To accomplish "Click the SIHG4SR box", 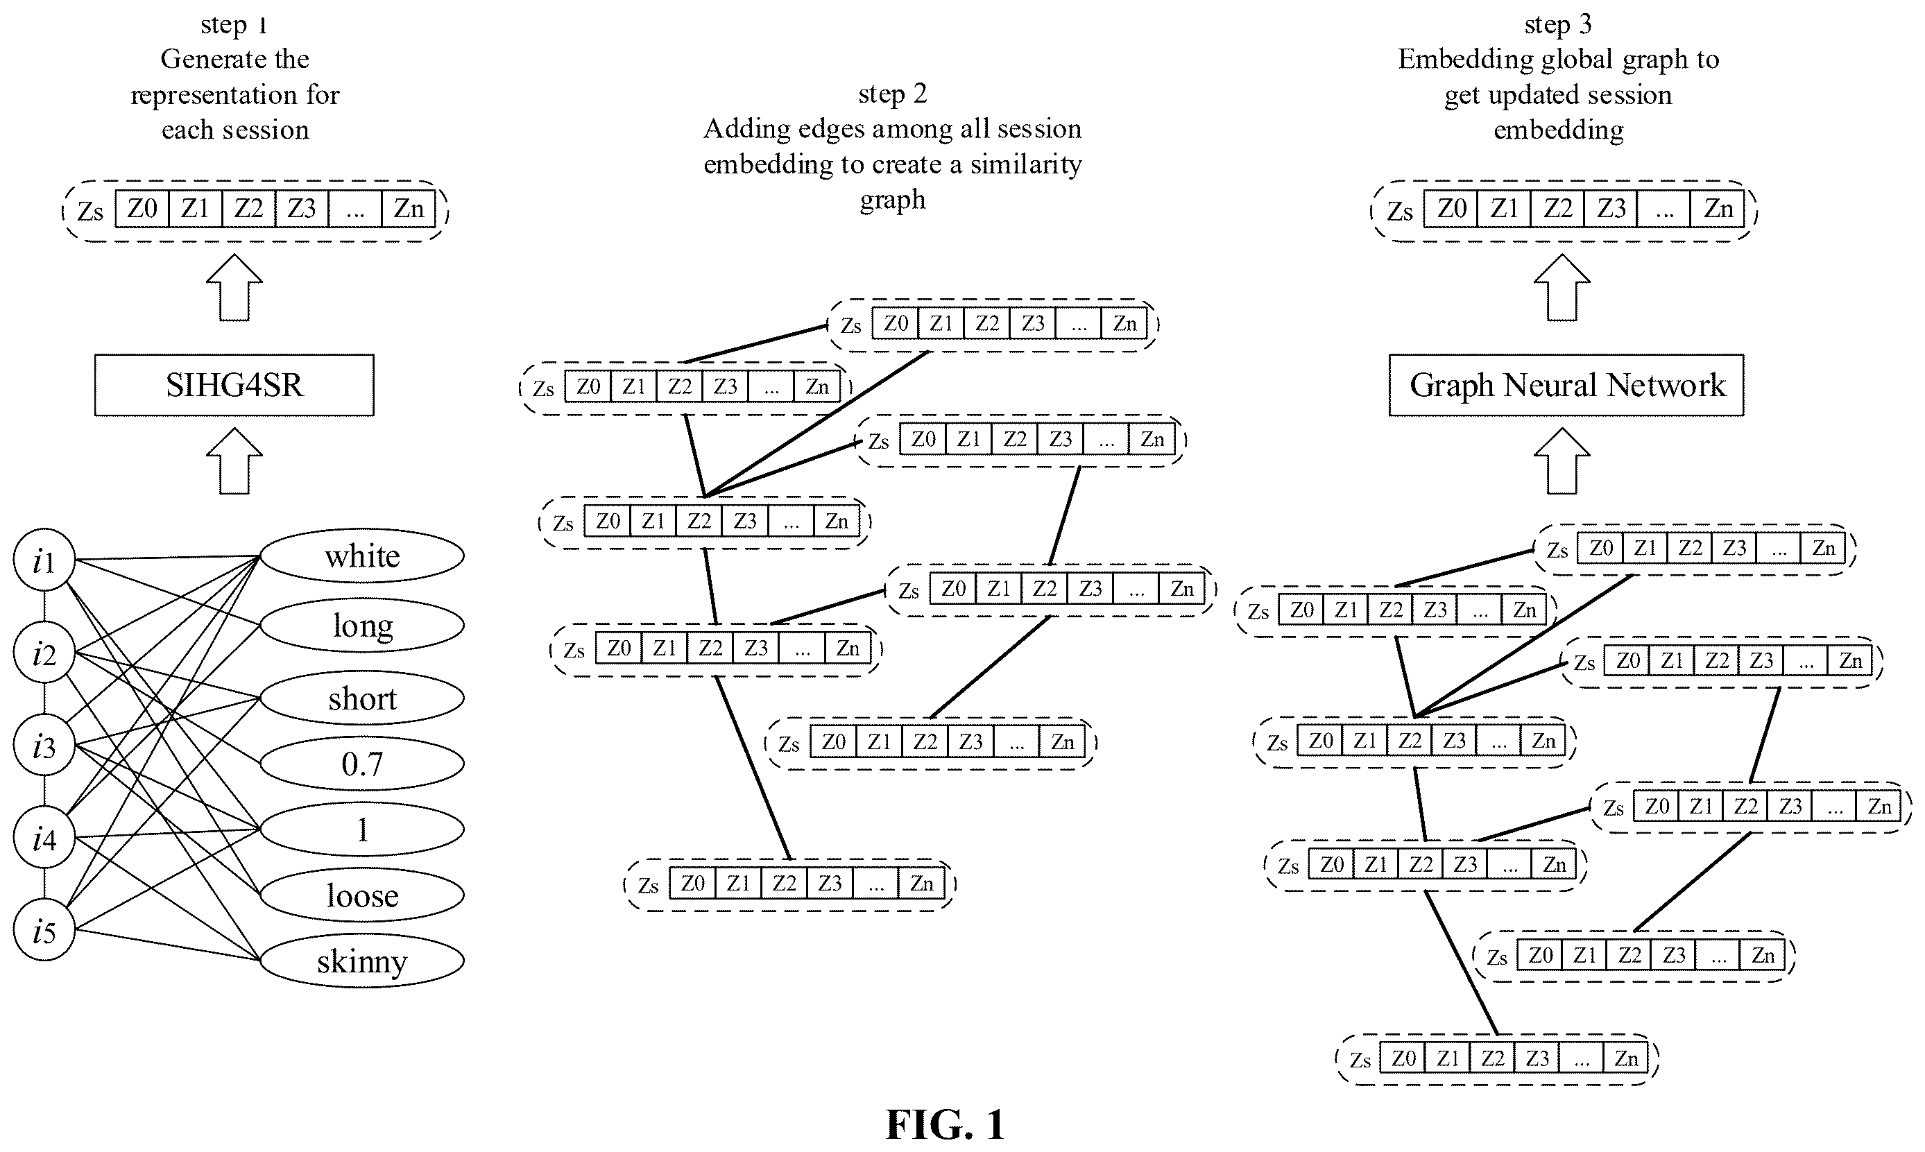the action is pyautogui.click(x=234, y=385).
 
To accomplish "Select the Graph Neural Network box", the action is pyautogui.click(x=1566, y=385).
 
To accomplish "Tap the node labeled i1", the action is pyautogui.click(x=44, y=560).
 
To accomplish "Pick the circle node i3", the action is pyautogui.click(x=44, y=746).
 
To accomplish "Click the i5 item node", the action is pyautogui.click(x=44, y=930).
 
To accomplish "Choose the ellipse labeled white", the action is pyautogui.click(x=361, y=556).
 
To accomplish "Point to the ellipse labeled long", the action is pyautogui.click(x=361, y=625).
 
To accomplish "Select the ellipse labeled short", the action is pyautogui.click(x=361, y=698).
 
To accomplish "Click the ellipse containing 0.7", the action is pyautogui.click(x=361, y=763).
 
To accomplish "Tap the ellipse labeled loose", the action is pyautogui.click(x=361, y=895).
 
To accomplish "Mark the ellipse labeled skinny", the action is pyautogui.click(x=361, y=961).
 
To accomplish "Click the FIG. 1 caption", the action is pyautogui.click(x=946, y=1124).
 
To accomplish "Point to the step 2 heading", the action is pyautogui.click(x=893, y=93).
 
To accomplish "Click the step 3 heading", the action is pyautogui.click(x=1558, y=24).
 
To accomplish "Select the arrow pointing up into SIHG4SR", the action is pyautogui.click(x=234, y=461).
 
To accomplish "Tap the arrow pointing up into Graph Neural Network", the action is pyautogui.click(x=1562, y=461).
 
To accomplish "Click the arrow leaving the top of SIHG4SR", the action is pyautogui.click(x=234, y=287).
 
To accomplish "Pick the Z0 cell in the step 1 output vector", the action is pyautogui.click(x=142, y=209).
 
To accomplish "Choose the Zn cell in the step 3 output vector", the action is pyautogui.click(x=1718, y=209).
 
